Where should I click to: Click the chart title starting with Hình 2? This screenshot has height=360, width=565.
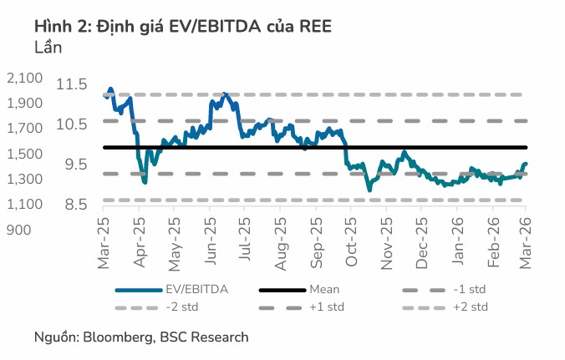183,26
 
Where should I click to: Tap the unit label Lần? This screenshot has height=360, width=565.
48,47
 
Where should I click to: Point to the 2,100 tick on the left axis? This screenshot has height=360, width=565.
24,79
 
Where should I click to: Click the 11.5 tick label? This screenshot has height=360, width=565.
73,84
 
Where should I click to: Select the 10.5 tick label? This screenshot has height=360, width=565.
73,124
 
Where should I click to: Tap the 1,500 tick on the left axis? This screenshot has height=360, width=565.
24,155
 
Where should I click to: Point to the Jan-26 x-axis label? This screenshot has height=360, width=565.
457,245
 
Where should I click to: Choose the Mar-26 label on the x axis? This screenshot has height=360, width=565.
527,245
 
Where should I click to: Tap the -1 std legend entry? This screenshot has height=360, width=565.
468,290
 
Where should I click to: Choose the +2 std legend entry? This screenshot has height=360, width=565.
470,307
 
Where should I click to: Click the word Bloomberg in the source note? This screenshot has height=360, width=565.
116,337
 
